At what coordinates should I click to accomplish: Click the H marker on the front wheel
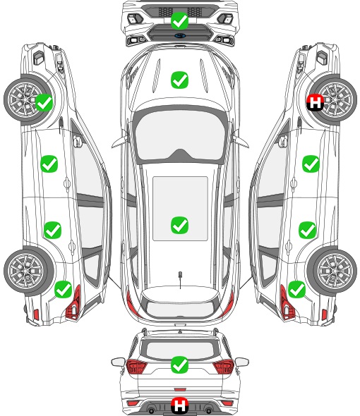(x=315, y=102)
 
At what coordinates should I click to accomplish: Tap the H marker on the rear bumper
(x=180, y=405)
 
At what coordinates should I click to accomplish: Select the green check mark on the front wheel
(x=44, y=102)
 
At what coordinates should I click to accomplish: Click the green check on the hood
(x=179, y=80)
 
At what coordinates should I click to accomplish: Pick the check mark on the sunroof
(x=179, y=225)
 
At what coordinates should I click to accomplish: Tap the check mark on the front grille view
(x=179, y=20)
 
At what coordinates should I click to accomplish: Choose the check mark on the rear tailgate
(x=179, y=365)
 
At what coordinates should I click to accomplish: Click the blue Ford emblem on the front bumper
(x=180, y=36)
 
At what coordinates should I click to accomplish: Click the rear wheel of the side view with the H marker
(x=332, y=271)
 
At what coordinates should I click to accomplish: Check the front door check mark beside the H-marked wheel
(x=311, y=164)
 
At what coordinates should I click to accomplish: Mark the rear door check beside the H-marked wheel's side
(x=307, y=230)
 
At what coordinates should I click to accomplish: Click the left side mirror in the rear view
(x=118, y=362)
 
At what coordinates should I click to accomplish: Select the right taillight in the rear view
(x=224, y=367)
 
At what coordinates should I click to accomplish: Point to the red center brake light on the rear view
(x=180, y=389)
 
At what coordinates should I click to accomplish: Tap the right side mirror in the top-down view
(x=241, y=140)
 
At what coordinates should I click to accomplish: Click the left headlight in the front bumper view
(x=136, y=18)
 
